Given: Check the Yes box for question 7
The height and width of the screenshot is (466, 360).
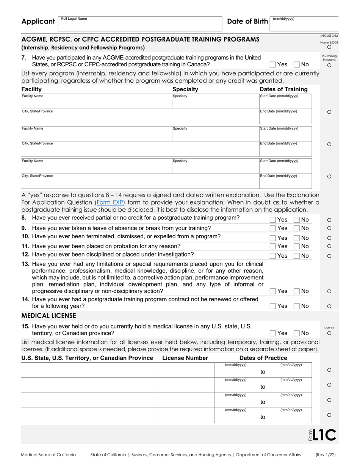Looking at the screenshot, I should pyautogui.click(x=273, y=64).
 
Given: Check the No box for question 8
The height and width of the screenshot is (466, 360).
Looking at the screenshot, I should pyautogui.click(x=297, y=220).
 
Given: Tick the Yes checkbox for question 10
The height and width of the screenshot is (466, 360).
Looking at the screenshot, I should pyautogui.click(x=273, y=238).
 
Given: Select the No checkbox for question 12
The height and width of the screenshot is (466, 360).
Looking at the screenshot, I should pyautogui.click(x=297, y=256).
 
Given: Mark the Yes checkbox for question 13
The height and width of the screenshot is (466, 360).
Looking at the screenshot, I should pyautogui.click(x=273, y=291).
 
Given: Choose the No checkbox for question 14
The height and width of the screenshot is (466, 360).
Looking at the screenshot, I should pyautogui.click(x=297, y=306).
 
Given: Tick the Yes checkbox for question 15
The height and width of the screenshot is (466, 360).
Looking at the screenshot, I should pyautogui.click(x=273, y=333).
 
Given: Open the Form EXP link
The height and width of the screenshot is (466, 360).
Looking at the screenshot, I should pyautogui.click(x=110, y=202).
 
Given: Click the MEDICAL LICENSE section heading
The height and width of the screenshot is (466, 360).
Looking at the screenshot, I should pyautogui.click(x=49, y=316).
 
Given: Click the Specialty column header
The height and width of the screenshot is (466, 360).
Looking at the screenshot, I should pyautogui.click(x=185, y=89).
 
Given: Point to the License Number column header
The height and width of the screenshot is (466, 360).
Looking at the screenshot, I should pyautogui.click(x=185, y=358).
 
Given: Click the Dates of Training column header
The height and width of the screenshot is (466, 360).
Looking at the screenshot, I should pyautogui.click(x=283, y=89).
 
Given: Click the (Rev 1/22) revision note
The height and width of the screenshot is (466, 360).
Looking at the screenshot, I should pyautogui.click(x=327, y=455).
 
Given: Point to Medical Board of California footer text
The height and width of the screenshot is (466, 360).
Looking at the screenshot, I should pyautogui.click(x=48, y=455).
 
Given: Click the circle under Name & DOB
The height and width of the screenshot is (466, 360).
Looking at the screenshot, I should pyautogui.click(x=329, y=47).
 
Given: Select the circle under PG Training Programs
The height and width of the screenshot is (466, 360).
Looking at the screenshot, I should pyautogui.click(x=329, y=65).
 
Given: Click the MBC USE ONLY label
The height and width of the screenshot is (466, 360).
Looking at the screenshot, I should pyautogui.click(x=329, y=36).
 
